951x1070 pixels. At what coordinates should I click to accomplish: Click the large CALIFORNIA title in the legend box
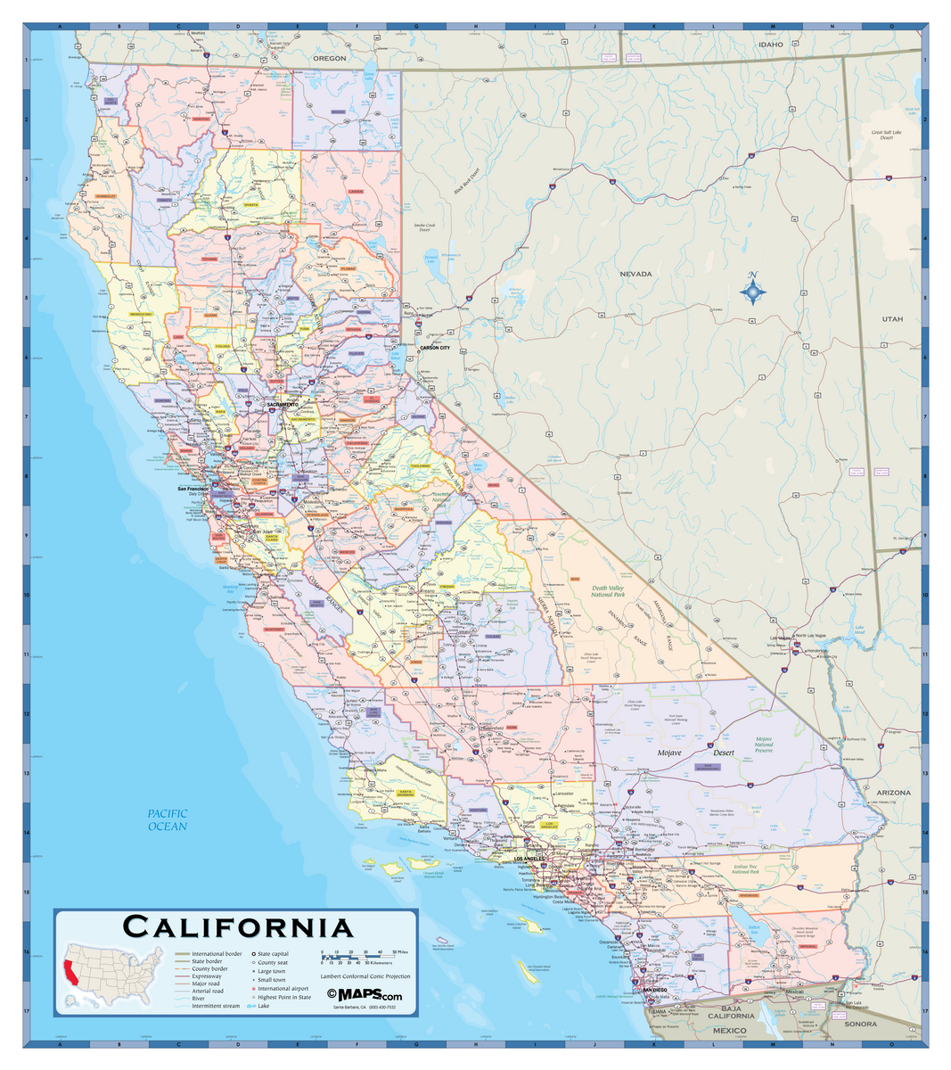point(238,926)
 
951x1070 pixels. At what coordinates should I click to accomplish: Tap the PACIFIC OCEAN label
point(168,819)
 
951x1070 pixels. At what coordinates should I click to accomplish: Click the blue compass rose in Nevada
point(753,291)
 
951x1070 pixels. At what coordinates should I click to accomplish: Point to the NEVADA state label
point(635,274)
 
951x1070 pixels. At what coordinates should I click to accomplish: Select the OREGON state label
point(329,58)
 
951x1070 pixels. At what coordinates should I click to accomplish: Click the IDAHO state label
point(770,44)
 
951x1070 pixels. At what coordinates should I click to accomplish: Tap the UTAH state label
point(892,318)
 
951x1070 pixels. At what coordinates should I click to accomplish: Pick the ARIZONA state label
point(893,792)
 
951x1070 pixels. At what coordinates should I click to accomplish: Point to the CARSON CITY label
point(435,348)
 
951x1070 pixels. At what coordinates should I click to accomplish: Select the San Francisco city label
point(193,489)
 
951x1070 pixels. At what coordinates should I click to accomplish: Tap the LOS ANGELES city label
point(528,859)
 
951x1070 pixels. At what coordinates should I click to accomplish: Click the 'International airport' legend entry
point(283,989)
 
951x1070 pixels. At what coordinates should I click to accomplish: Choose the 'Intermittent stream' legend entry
point(215,1006)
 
